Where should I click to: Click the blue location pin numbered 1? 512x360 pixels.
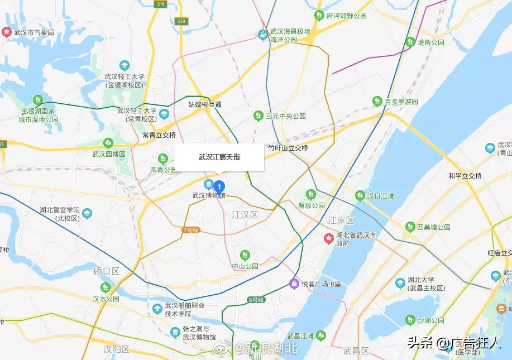[220, 186]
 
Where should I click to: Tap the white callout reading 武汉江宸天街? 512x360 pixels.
[219, 157]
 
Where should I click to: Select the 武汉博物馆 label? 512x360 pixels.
[208, 196]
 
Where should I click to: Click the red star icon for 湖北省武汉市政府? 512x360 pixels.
[329, 239]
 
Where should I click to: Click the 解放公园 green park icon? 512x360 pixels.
[311, 194]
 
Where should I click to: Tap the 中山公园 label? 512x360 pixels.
[245, 266]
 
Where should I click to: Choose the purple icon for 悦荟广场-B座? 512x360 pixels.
[294, 284]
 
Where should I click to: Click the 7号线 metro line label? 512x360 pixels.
[190, 230]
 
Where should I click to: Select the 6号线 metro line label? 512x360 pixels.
[255, 300]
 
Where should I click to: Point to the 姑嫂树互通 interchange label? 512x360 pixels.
[205, 104]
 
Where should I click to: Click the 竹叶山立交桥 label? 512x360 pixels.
[288, 148]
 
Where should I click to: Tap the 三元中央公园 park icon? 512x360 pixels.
[258, 116]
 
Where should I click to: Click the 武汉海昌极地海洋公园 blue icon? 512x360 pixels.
[262, 35]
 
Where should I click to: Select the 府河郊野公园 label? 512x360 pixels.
[347, 16]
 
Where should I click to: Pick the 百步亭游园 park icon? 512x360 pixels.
[377, 102]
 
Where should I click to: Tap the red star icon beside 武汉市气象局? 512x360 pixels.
[7, 32]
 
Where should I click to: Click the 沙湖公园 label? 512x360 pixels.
[431, 320]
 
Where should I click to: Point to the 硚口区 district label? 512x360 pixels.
[106, 271]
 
